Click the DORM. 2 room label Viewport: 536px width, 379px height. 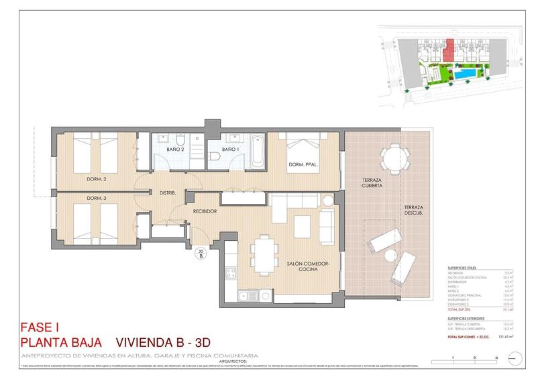[97, 179]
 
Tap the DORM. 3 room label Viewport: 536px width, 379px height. [97, 199]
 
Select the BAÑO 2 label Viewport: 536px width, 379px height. [175, 149]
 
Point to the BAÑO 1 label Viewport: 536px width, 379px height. [231, 149]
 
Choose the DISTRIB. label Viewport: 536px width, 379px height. [167, 193]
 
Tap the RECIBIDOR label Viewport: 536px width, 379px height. [205, 211]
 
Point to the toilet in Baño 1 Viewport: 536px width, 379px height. [215, 156]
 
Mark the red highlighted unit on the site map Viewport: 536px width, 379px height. [449, 49]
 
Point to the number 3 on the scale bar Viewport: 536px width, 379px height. [496, 359]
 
